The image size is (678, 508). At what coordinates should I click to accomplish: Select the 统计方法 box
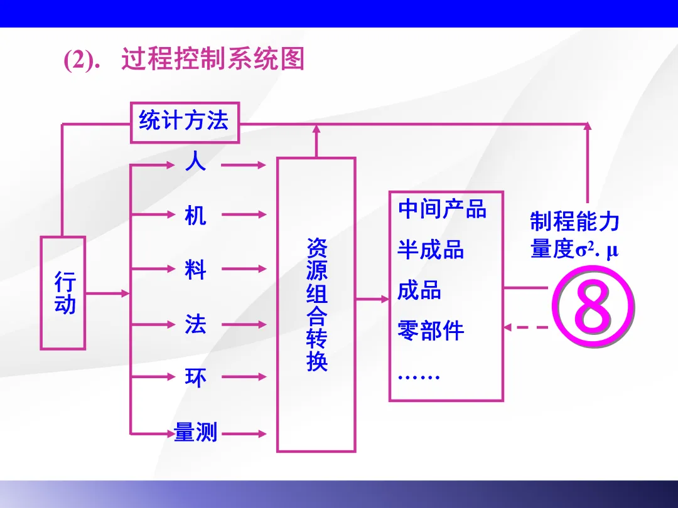pos(185,121)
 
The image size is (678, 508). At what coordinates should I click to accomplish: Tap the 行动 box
pos(63,292)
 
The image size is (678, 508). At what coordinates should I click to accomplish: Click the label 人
pos(195,164)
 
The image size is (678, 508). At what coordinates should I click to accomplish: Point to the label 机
pos(195,216)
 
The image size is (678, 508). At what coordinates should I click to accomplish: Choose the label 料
pos(195,270)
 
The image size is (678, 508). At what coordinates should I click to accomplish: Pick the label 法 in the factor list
pos(195,324)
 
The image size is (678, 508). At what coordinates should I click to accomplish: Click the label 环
pos(195,378)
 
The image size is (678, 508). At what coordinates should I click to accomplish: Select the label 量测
pos(195,432)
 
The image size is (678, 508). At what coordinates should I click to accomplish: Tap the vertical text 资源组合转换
pos(316,305)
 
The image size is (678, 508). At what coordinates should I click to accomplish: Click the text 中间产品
pos(442,209)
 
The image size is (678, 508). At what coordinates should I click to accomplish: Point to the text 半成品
pos(430,250)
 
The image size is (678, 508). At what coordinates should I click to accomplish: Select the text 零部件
pos(430,331)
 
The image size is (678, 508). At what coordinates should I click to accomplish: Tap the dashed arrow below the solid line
pos(526,327)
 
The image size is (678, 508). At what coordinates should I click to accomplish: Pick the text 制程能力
pos(574,221)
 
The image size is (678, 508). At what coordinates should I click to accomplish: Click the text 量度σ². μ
pos(574,249)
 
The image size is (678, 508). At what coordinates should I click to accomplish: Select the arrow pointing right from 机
pos(244,214)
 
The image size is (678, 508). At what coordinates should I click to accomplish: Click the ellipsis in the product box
pos(419,376)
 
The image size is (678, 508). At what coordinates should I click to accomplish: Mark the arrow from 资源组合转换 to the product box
pos(372,299)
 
